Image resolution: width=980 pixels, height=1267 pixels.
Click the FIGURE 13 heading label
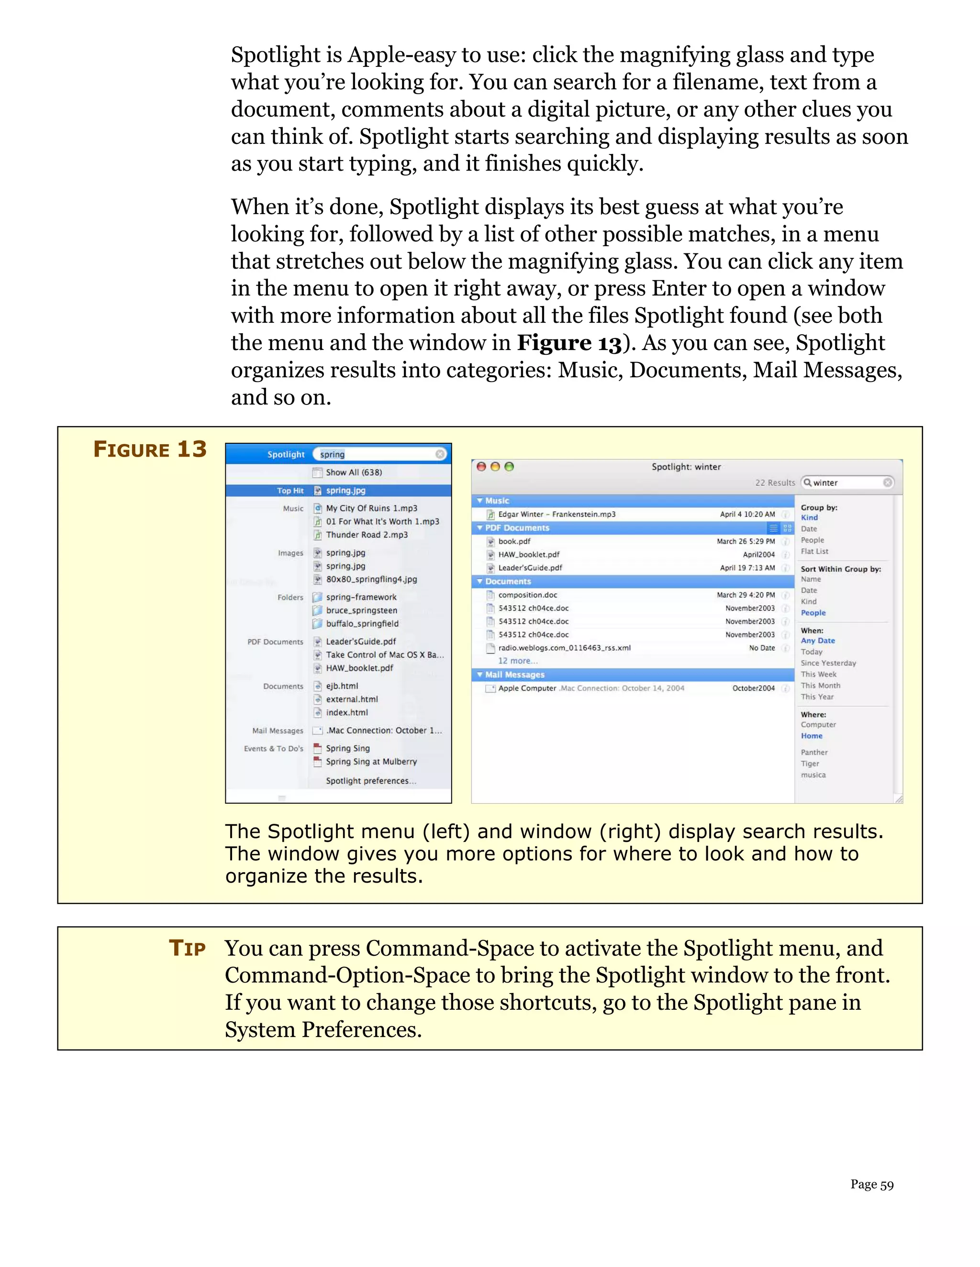point(150,449)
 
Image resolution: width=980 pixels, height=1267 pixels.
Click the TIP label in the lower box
point(187,948)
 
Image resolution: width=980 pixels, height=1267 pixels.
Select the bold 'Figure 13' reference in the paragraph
point(569,343)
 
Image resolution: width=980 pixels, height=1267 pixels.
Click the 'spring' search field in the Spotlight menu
point(378,454)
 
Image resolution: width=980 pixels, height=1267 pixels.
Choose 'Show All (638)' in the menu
point(354,472)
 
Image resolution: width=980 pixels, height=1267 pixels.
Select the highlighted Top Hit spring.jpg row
point(345,490)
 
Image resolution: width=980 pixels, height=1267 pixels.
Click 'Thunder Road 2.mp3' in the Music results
point(367,535)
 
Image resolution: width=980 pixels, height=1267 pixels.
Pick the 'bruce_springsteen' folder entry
point(361,610)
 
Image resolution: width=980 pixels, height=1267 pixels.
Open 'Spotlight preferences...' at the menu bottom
point(370,781)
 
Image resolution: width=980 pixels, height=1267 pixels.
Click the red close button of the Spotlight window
point(481,467)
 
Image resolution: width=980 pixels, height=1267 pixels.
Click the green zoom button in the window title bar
point(509,467)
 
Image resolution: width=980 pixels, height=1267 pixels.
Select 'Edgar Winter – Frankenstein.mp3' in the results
point(556,514)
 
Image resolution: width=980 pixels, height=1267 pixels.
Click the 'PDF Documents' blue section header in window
point(517,528)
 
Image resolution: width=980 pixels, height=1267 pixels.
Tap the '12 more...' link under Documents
point(517,661)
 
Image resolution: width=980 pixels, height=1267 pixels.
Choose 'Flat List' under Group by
point(814,551)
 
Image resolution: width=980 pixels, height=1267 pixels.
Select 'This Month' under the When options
point(820,685)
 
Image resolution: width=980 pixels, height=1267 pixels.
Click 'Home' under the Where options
point(811,736)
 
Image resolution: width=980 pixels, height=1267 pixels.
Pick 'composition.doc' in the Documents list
point(527,595)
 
